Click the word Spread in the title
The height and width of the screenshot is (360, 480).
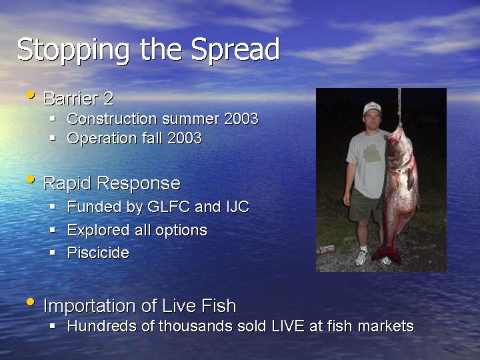(x=235, y=49)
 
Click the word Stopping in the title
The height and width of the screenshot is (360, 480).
(x=73, y=51)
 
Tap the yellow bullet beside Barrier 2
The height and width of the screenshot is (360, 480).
(x=30, y=94)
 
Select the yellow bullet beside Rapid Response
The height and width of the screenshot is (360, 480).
(x=30, y=179)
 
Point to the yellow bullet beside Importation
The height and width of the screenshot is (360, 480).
(x=30, y=302)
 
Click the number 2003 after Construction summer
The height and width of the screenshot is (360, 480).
(x=241, y=119)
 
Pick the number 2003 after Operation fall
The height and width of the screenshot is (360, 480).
(x=185, y=138)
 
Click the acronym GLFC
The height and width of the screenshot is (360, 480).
(x=169, y=207)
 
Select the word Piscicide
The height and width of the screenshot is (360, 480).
(x=98, y=253)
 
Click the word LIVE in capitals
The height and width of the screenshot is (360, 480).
(x=288, y=326)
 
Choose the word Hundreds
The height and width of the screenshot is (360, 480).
(x=101, y=326)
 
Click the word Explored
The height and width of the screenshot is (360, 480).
(x=98, y=230)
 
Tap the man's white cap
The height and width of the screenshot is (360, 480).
(x=372, y=109)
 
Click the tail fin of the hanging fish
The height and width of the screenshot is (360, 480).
(x=386, y=254)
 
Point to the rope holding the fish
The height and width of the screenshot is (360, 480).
(x=399, y=106)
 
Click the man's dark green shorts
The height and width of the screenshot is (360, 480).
(x=364, y=205)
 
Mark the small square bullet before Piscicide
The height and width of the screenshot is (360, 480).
(x=53, y=253)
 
